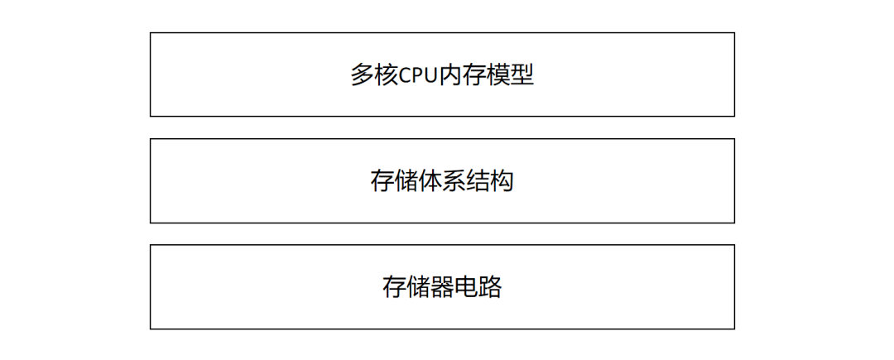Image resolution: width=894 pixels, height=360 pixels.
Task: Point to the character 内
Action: [451, 75]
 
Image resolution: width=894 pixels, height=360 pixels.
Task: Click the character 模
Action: [498, 75]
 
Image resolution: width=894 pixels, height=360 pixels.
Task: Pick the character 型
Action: [522, 75]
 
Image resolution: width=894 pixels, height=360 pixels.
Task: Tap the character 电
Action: [466, 287]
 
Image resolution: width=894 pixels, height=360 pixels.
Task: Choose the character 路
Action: [490, 287]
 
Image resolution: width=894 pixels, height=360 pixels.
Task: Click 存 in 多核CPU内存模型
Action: [474, 75]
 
